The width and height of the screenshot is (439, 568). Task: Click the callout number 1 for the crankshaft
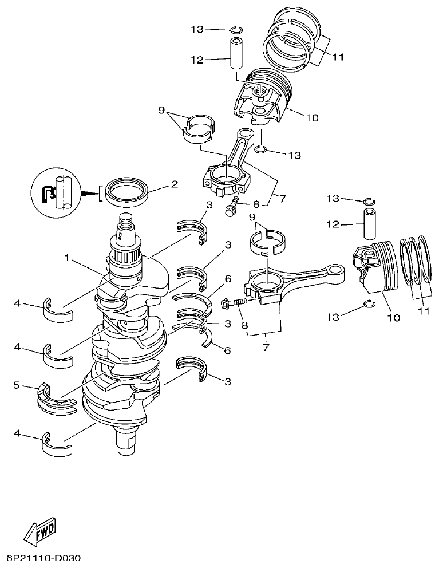[x=68, y=258]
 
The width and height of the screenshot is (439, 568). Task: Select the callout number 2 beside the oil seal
[x=175, y=184]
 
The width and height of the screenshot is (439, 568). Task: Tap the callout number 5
[x=16, y=386]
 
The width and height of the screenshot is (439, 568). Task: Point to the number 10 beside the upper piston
[x=311, y=118]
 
